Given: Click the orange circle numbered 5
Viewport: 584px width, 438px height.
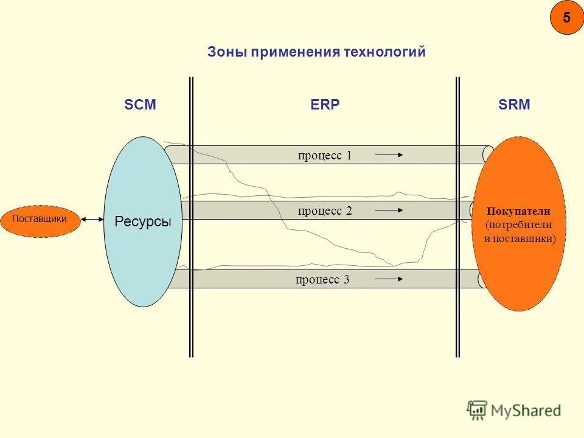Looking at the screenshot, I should point(566,18).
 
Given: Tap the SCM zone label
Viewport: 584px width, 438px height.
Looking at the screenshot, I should point(141,105).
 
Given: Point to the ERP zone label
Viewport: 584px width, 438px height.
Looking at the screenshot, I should point(325,105).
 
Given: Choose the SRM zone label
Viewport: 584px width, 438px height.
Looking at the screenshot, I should point(514,105).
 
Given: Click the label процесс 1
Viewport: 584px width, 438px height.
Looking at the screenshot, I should point(325,155).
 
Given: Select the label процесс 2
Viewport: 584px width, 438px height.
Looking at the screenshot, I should point(325,211).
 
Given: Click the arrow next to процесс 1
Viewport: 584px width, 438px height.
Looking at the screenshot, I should point(389,155).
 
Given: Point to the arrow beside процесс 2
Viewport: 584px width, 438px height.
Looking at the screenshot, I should point(389,211).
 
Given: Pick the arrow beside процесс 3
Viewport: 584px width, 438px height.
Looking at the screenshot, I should point(389,280).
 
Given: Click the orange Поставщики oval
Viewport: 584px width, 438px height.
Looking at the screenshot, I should point(40,219).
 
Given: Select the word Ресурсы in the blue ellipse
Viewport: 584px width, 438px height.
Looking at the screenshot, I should point(143,222).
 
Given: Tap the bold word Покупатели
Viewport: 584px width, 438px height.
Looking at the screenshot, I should point(518,212).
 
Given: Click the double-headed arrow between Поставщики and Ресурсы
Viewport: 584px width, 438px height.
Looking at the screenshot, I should point(92,219).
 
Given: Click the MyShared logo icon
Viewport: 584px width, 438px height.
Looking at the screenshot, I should point(477,410).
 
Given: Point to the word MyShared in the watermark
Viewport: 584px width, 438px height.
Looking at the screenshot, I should point(526,411).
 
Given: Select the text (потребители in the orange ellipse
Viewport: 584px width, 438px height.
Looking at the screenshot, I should point(518,225).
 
